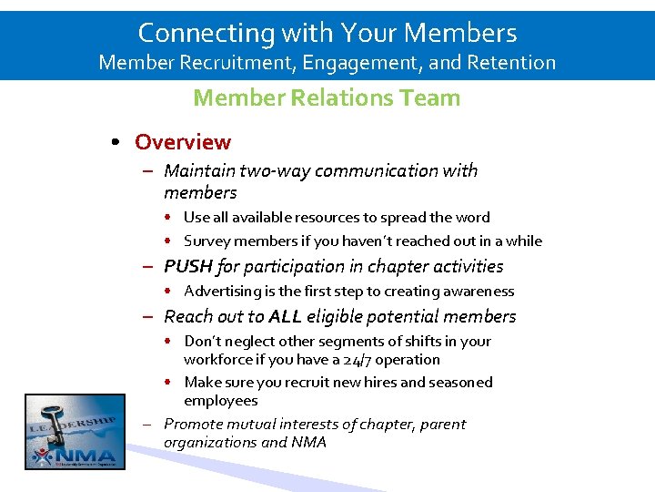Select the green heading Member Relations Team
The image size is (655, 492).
click(327, 97)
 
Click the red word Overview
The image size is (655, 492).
click(183, 142)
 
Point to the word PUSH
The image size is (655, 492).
click(188, 266)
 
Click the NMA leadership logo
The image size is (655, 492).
click(75, 431)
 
